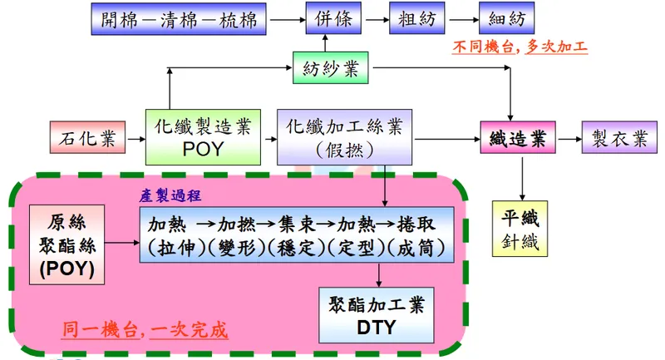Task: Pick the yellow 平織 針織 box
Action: click(521, 229)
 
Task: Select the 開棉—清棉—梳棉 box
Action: click(178, 19)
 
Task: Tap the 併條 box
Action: click(328, 19)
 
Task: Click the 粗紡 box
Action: click(413, 19)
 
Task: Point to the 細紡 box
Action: click(506, 19)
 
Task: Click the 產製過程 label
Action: click(170, 195)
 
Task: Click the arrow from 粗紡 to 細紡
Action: click(460, 19)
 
